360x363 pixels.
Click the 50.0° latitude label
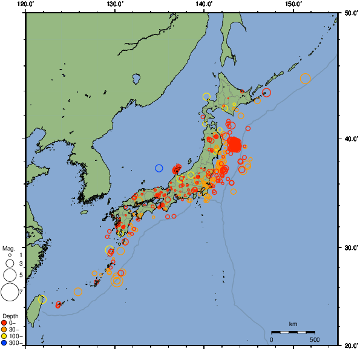pos(350,13)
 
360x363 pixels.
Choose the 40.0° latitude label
pos(350,139)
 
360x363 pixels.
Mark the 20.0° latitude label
pos(350,345)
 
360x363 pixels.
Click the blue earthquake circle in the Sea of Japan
pos(159,168)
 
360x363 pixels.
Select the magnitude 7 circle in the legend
pos(10,292)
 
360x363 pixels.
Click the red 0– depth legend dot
pos(4,322)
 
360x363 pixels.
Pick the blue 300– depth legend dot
pos(4,343)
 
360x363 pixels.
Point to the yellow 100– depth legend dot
pos(4,336)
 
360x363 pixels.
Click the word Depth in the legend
pos(10,316)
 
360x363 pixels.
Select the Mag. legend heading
pos(8,249)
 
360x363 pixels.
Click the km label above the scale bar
pos(293,324)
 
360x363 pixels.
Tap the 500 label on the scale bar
pos(315,339)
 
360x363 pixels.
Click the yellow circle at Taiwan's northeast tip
pos(42,299)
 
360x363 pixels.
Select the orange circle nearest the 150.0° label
pos(305,79)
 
